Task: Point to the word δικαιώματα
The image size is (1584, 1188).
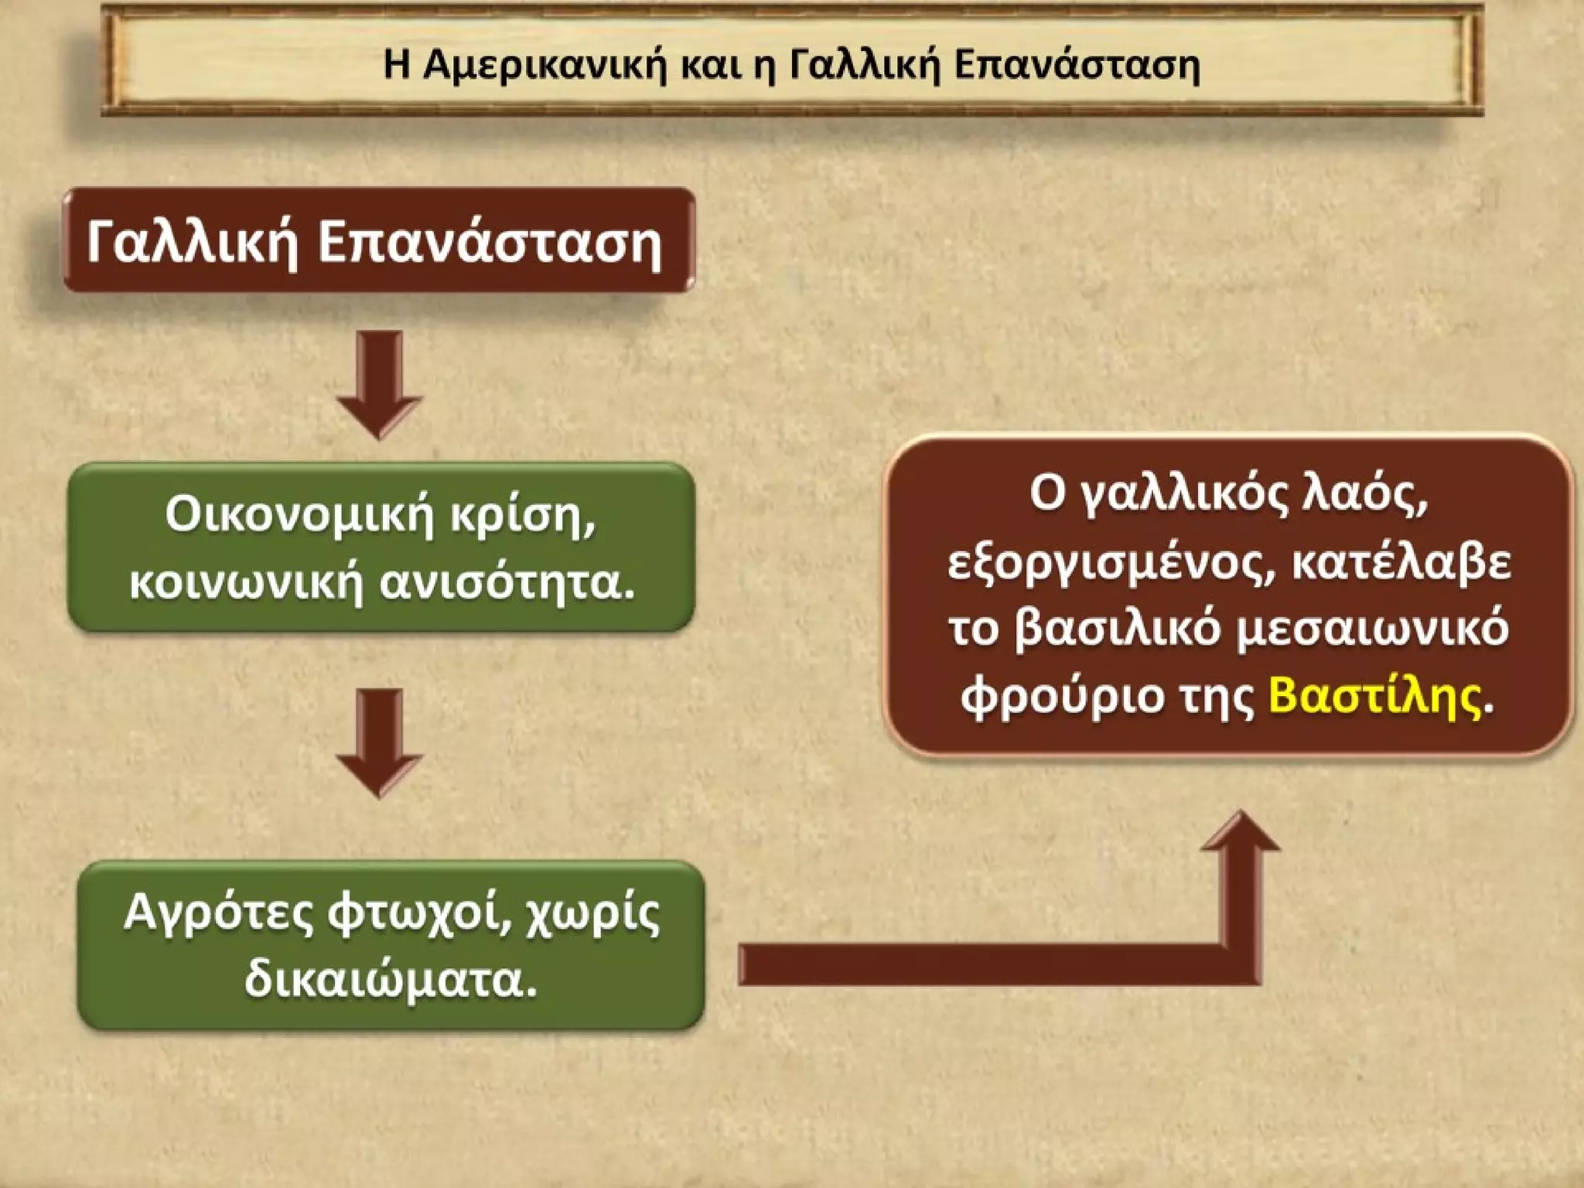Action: (391, 981)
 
